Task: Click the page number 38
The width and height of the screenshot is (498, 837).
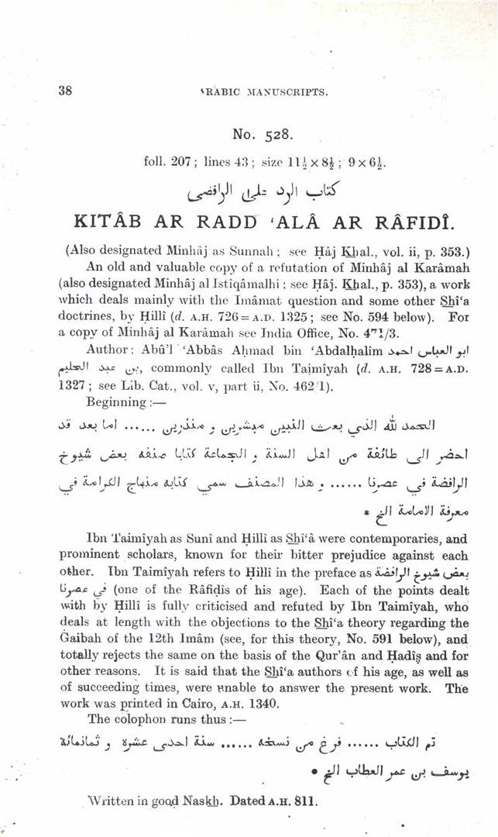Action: click(x=65, y=90)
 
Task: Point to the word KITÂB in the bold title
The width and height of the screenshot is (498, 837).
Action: click(x=105, y=222)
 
